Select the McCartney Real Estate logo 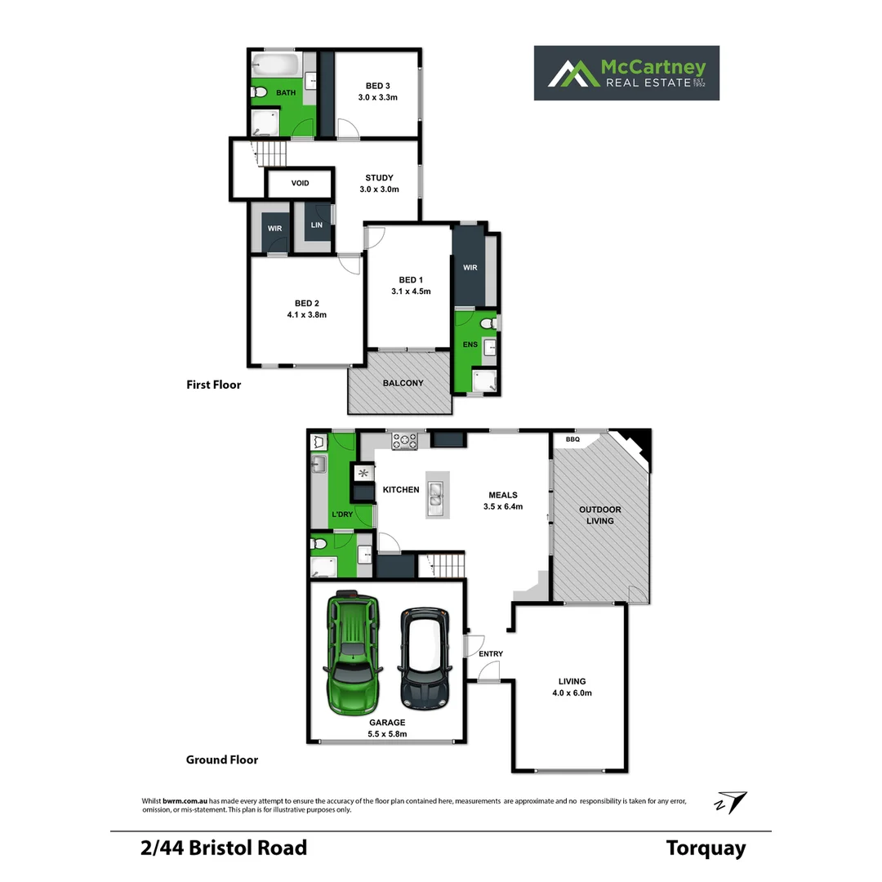pos(626,73)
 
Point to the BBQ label pos(572,439)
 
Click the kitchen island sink pos(435,494)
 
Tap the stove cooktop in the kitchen pos(404,441)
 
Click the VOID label pos(300,183)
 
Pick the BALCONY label pos(403,383)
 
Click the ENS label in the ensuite pos(470,345)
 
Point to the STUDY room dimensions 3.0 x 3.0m pos(379,189)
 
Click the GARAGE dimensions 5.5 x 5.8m pos(386,733)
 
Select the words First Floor pos(213,385)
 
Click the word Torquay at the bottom pos(706,848)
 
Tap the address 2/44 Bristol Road pos(223,848)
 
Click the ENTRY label pos(491,653)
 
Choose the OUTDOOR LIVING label pos(599,514)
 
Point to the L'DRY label pos(341,514)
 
